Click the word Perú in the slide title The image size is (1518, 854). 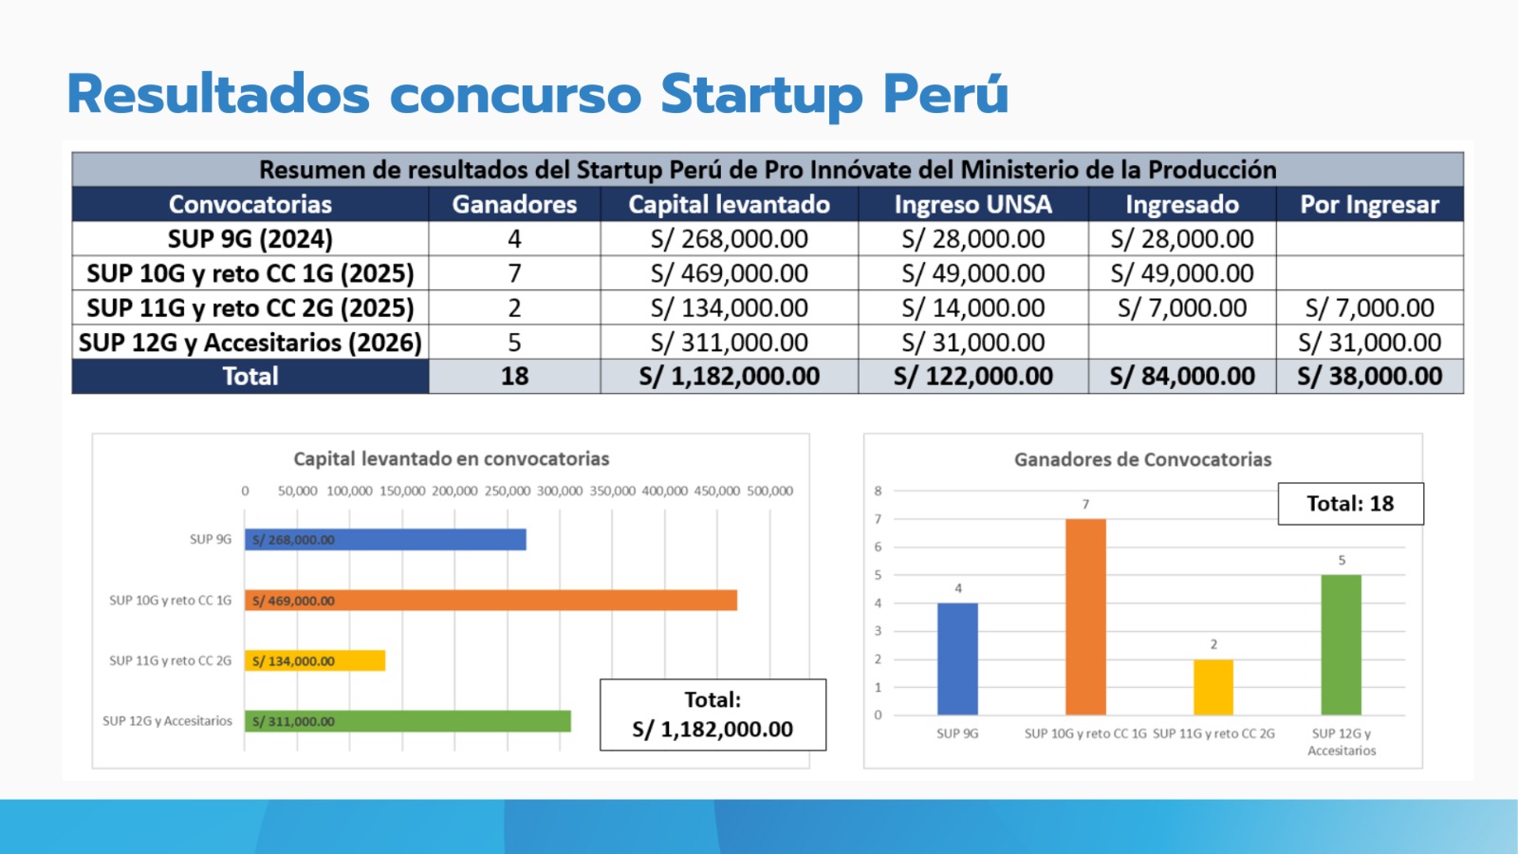(946, 94)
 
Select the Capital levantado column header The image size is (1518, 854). (730, 205)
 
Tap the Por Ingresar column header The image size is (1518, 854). (1370, 205)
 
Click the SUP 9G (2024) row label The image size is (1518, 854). (250, 238)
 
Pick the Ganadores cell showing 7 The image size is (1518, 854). (514, 273)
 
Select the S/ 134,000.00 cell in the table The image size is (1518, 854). (730, 307)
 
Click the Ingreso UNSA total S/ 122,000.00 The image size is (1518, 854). (973, 376)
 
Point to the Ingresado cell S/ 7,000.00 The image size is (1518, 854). (1182, 307)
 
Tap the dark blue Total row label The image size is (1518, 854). (250, 376)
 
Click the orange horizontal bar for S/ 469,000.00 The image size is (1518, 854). (491, 601)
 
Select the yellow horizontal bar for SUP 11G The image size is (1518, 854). (315, 660)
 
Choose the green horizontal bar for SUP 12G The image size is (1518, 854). (407, 721)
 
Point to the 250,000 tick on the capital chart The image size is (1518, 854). (507, 491)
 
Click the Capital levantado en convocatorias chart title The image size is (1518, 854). (452, 459)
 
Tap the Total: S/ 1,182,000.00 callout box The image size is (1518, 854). (713, 715)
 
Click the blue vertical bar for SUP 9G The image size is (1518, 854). (957, 659)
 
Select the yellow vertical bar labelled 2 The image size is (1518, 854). (1213, 687)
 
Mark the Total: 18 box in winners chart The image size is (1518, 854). (1351, 504)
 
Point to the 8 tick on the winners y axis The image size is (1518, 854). (879, 491)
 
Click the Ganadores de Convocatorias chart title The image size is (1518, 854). (1142, 459)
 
